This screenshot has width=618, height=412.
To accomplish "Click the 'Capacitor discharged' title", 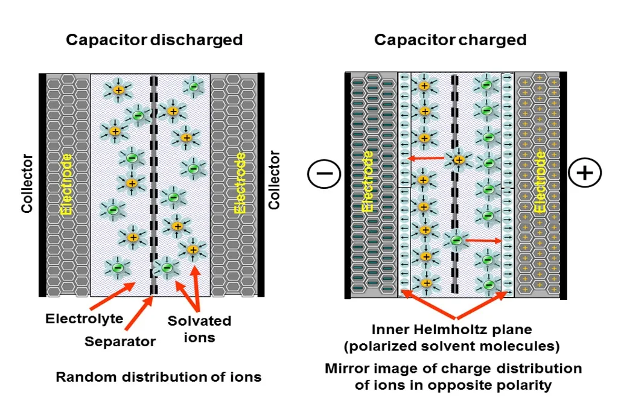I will pyautogui.click(x=154, y=40).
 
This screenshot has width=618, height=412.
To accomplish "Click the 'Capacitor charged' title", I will pyautogui.click(x=450, y=40).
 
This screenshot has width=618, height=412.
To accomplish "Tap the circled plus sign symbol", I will pyautogui.click(x=585, y=174).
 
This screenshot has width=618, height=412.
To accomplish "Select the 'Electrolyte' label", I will pyautogui.click(x=84, y=319).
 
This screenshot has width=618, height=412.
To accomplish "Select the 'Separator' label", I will pyautogui.click(x=120, y=341).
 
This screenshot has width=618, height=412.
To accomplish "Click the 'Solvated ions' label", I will pyautogui.click(x=199, y=329).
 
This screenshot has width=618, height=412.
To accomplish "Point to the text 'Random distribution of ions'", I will pyautogui.click(x=159, y=377).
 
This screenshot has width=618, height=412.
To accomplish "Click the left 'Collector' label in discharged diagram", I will pyautogui.click(x=27, y=183).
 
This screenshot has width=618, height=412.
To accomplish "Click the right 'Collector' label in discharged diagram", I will pyautogui.click(x=275, y=180).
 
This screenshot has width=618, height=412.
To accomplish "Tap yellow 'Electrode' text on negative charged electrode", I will pyautogui.click(x=368, y=181).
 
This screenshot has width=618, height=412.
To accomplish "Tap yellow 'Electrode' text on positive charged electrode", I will pyautogui.click(x=540, y=181).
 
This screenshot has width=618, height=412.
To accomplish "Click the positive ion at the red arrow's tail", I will pyautogui.click(x=459, y=160).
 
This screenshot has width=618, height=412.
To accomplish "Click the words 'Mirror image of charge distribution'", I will pyautogui.click(x=453, y=369).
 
